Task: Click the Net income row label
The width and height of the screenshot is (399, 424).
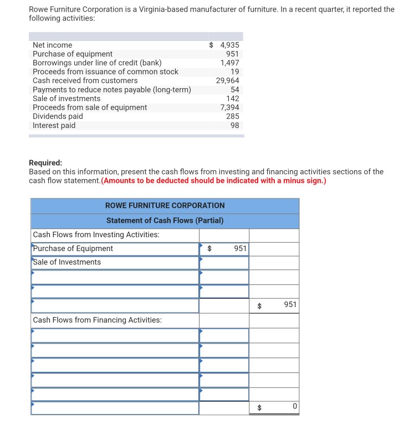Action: pyautogui.click(x=52, y=45)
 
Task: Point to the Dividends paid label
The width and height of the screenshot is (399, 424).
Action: pyautogui.click(x=58, y=116)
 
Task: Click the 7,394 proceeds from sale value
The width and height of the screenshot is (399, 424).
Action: pyautogui.click(x=229, y=108)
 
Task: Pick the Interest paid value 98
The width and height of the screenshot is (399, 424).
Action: pyautogui.click(x=234, y=125)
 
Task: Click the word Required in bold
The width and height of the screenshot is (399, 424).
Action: pyautogui.click(x=45, y=163)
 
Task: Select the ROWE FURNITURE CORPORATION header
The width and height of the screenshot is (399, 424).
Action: pyautogui.click(x=165, y=206)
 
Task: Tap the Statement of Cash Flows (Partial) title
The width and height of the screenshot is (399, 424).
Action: pyautogui.click(x=165, y=221)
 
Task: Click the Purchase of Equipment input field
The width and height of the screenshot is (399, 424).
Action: pyautogui.click(x=115, y=249)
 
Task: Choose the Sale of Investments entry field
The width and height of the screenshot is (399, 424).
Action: pyautogui.click(x=115, y=262)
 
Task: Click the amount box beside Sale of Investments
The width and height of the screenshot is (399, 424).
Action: pyautogui.click(x=224, y=262)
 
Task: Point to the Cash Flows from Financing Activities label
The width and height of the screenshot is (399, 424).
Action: pyautogui.click(x=98, y=320)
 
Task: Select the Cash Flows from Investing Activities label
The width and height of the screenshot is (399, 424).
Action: pyautogui.click(x=96, y=235)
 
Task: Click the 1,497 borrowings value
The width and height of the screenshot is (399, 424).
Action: pyautogui.click(x=229, y=63)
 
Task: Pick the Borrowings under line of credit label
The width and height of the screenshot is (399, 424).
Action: pyautogui.click(x=97, y=63)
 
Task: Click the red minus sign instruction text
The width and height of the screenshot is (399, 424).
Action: pyautogui.click(x=214, y=181)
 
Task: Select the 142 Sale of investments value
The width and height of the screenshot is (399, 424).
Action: pyautogui.click(x=233, y=99)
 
